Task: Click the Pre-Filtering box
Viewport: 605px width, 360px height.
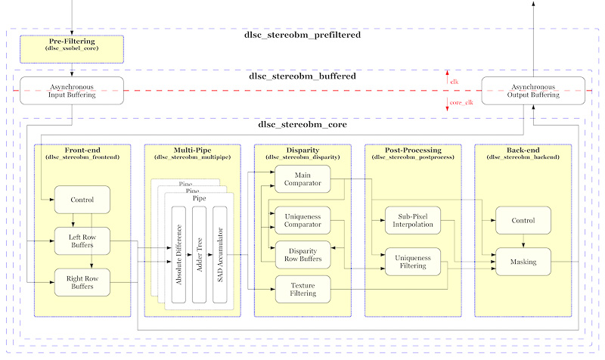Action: click(x=72, y=48)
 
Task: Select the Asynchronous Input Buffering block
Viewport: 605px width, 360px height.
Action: click(x=72, y=90)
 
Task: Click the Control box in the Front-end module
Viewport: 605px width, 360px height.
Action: click(x=82, y=200)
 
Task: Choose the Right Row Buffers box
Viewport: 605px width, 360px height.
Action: click(x=82, y=282)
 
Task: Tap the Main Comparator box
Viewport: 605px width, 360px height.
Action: click(x=302, y=178)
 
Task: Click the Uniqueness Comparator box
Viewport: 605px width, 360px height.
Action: click(x=302, y=221)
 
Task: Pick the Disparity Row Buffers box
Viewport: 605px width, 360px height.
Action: click(x=302, y=255)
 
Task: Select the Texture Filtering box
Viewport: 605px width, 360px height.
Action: click(x=302, y=289)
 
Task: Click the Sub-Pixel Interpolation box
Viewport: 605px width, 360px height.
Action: click(x=413, y=220)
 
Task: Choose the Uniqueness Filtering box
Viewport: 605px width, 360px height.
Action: click(x=413, y=262)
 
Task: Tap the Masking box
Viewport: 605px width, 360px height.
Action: click(x=523, y=262)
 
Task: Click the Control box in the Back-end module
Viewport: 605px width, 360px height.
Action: click(x=523, y=220)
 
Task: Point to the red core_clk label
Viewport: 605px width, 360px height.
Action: click(x=461, y=102)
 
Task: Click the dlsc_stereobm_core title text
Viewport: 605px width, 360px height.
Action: click(x=302, y=125)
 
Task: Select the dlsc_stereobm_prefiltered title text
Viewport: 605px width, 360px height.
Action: click(x=302, y=35)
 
